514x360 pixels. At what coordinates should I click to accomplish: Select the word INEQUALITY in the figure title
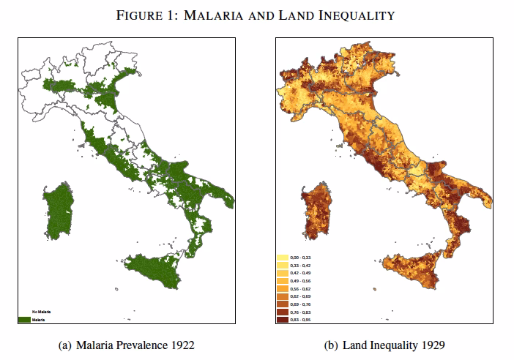[370, 15]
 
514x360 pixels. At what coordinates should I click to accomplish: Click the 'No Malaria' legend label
[41, 313]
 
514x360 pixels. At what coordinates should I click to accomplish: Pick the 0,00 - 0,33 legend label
[302, 258]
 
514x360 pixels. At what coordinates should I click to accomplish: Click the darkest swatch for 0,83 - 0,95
[281, 320]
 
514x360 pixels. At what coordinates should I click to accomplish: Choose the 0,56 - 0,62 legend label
[302, 289]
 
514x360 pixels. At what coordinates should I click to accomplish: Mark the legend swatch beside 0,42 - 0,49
[281, 274]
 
